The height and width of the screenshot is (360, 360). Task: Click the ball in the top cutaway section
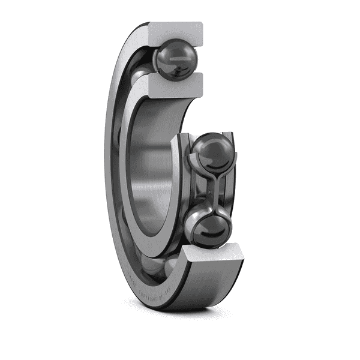point(176,59)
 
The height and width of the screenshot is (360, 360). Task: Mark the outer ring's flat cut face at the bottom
point(216,256)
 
